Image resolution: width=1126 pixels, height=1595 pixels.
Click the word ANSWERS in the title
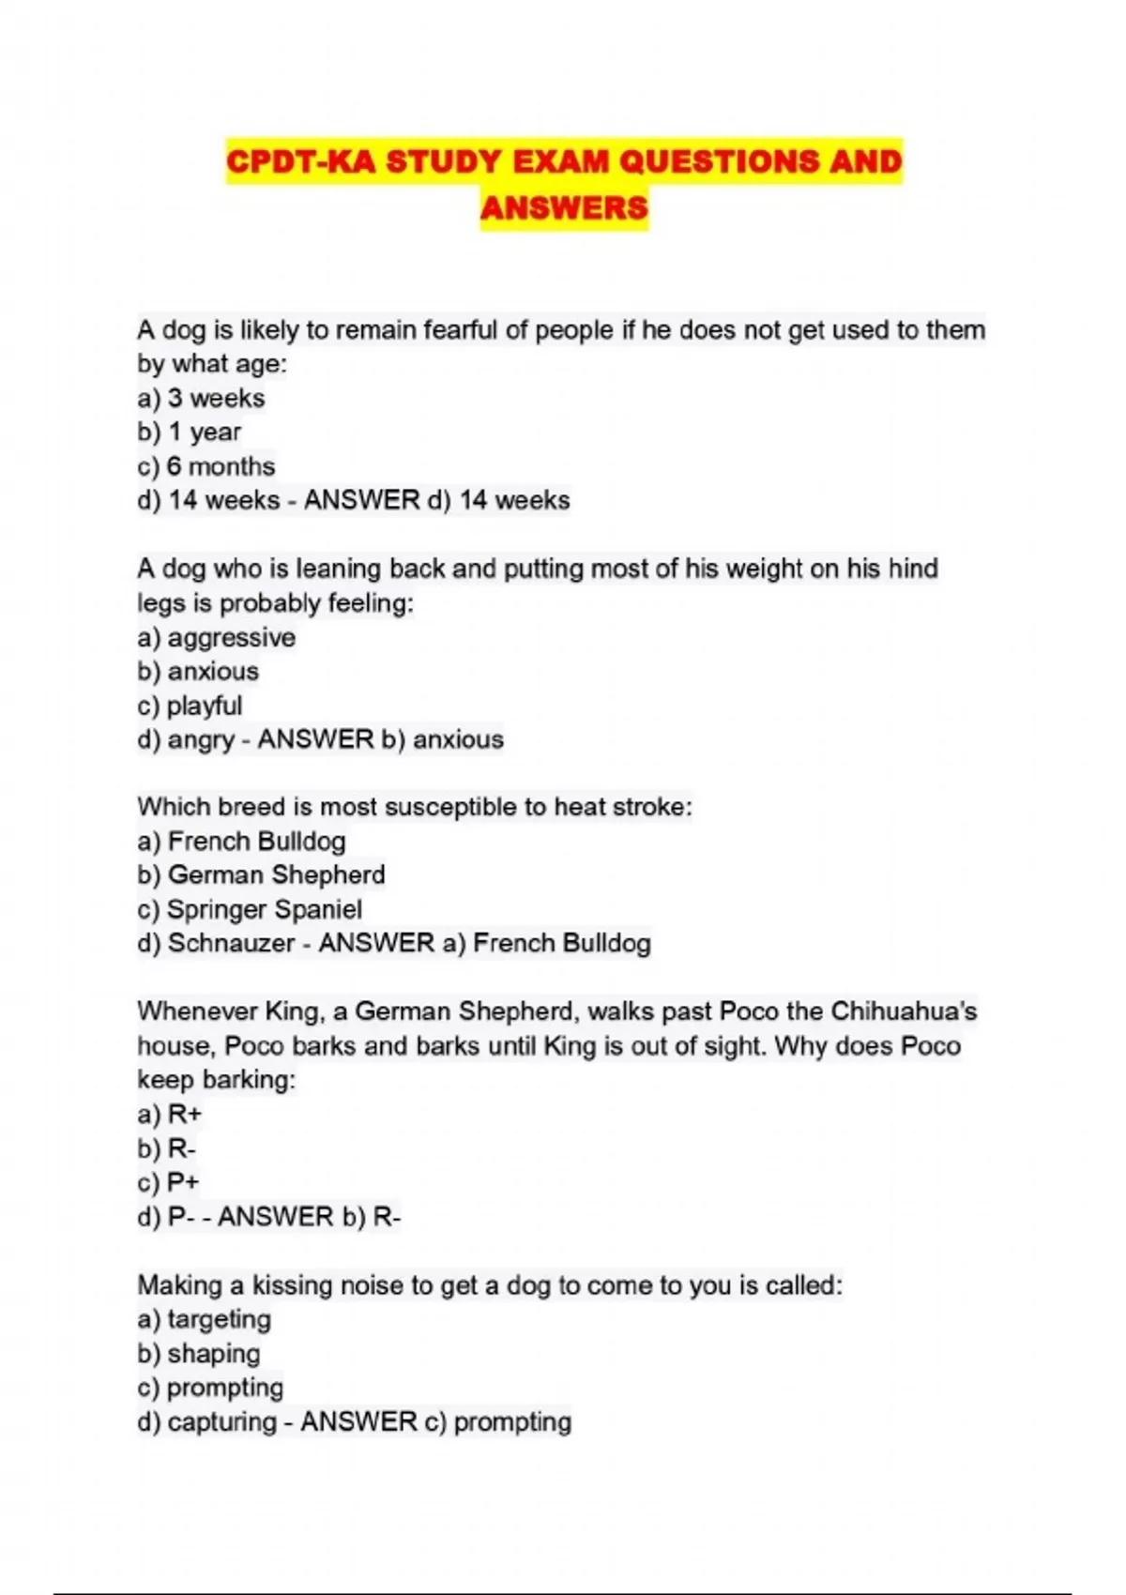tap(564, 207)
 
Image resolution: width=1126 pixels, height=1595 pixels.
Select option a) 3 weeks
tap(201, 398)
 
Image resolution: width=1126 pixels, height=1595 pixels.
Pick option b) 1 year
tap(189, 432)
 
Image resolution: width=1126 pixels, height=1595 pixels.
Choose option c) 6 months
tap(205, 466)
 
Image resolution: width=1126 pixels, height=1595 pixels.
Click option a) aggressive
tap(216, 637)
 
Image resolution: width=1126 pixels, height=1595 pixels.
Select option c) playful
tap(190, 706)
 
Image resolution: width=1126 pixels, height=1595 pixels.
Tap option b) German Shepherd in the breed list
tap(261, 874)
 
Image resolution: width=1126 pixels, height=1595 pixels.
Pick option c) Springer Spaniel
tap(249, 909)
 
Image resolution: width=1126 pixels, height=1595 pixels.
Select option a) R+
tap(170, 1115)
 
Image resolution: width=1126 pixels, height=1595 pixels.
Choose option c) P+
tap(168, 1182)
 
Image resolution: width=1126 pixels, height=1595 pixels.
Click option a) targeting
tap(204, 1319)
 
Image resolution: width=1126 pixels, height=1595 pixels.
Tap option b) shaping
tap(198, 1353)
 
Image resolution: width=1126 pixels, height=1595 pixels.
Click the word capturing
tap(222, 1421)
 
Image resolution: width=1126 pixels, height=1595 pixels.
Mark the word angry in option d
tap(201, 740)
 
